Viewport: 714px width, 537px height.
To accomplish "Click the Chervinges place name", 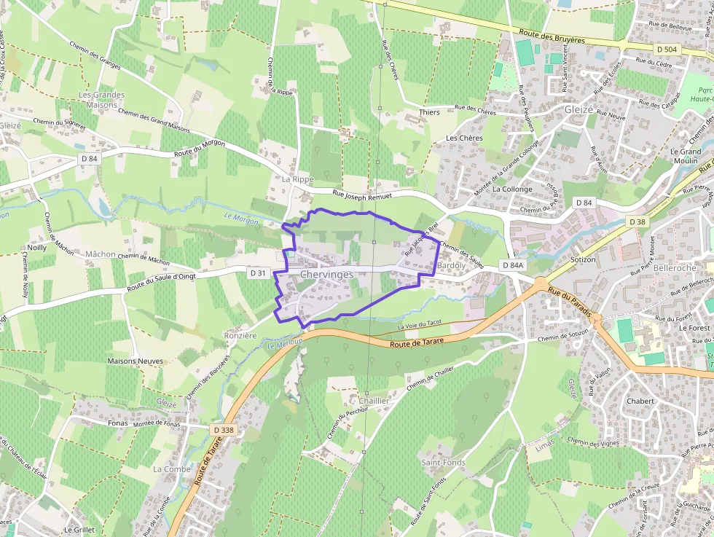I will (x=326, y=275).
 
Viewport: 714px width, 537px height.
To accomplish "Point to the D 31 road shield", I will (x=259, y=273).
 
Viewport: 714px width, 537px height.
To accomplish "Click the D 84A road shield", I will (x=514, y=265).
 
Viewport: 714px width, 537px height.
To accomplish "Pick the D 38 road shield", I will (x=636, y=222).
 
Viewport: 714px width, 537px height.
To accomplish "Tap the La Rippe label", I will (x=298, y=179).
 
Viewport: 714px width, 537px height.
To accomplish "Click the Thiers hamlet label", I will (x=429, y=113).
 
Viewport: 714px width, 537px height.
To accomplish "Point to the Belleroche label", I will (x=675, y=268).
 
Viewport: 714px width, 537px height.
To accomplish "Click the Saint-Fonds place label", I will (x=443, y=463).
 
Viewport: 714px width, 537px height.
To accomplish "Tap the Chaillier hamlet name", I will (x=374, y=401).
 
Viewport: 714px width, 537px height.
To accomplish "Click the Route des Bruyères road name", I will (x=553, y=37).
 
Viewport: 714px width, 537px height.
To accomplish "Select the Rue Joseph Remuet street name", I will (x=362, y=195).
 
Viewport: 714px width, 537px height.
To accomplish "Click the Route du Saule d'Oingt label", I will (x=162, y=281).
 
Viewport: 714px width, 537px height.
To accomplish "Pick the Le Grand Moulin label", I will (x=686, y=156).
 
